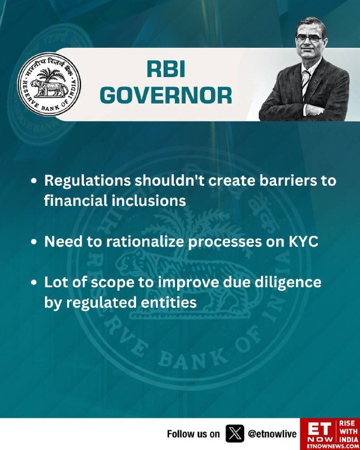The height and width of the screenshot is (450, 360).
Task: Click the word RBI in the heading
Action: click(166, 69)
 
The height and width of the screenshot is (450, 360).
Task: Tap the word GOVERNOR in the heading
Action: click(166, 95)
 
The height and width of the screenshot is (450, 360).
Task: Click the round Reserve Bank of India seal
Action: click(49, 84)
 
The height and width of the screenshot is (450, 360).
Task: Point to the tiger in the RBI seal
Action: click(49, 88)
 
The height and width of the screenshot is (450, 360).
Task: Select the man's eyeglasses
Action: click(309, 39)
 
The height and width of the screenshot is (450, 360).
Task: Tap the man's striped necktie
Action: click(305, 83)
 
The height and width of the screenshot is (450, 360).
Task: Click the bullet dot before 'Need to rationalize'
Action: click(34, 242)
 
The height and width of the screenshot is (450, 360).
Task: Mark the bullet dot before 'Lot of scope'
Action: click(34, 283)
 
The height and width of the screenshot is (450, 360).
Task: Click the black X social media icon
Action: click(235, 434)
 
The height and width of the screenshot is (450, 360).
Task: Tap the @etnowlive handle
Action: click(272, 434)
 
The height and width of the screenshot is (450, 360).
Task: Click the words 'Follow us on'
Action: click(193, 434)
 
